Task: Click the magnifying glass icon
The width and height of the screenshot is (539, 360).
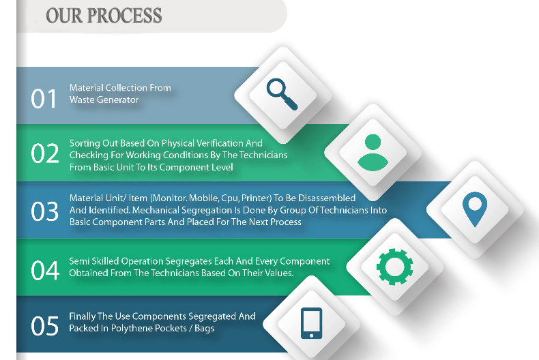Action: pyautogui.click(x=282, y=94)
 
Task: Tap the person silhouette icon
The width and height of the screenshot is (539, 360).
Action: pyautogui.click(x=372, y=152)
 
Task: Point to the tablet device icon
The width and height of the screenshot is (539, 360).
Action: pyautogui.click(x=311, y=323)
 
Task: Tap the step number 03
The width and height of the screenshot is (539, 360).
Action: pyautogui.click(x=45, y=212)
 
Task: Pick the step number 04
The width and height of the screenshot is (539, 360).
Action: pyautogui.click(x=45, y=271)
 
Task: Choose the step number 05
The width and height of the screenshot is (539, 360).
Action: pyautogui.click(x=45, y=327)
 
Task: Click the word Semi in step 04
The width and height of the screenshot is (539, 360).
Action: pyautogui.click(x=79, y=261)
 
